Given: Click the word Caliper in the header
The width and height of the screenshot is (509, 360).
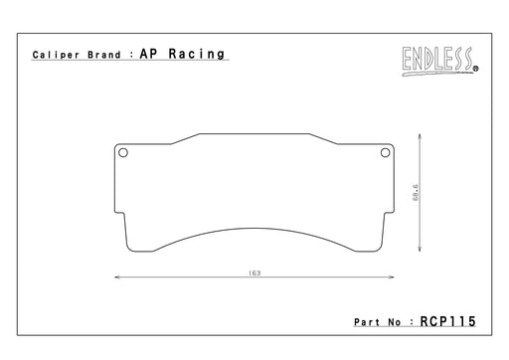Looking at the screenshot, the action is [x=56, y=55].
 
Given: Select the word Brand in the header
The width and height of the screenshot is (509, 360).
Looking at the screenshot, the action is [x=104, y=55].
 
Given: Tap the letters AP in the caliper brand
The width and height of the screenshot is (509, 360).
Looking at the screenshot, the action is [x=148, y=54].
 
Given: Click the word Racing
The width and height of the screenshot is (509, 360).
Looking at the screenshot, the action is [x=197, y=54].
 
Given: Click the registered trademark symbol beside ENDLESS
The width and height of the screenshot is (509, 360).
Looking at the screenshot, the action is [x=476, y=69].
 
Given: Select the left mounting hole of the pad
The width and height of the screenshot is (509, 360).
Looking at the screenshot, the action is [x=123, y=153].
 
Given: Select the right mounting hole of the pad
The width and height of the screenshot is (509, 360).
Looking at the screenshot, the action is [x=385, y=153].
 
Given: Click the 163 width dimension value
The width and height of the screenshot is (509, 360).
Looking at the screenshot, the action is [x=254, y=273].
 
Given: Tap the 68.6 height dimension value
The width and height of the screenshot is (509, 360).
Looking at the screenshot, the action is [x=416, y=192].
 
